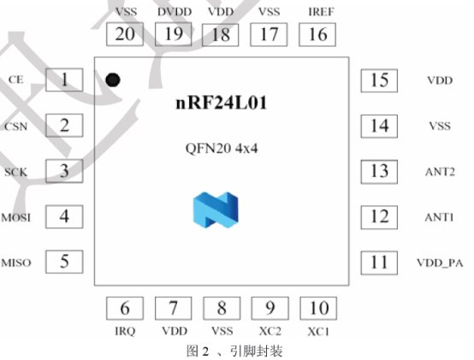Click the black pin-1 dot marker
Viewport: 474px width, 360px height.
[113, 80]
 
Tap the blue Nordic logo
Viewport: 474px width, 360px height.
[216, 210]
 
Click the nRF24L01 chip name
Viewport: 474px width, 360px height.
[222, 103]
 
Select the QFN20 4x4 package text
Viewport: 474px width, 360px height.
[222, 148]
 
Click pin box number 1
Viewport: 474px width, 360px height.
[64, 80]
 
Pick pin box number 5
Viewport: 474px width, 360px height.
[64, 262]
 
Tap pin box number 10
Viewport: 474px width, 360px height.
[318, 309]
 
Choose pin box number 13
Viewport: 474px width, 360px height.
[379, 172]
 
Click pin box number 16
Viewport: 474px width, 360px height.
[317, 35]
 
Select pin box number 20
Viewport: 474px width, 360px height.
[125, 34]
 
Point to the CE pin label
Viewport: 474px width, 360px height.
[15, 80]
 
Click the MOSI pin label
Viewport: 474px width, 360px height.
[15, 217]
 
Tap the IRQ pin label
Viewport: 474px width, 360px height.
[125, 331]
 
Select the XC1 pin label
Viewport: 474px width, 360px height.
[318, 332]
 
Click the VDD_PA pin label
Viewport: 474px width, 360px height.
[440, 263]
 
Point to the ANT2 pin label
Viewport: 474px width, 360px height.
[440, 172]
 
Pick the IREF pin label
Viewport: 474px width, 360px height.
[321, 12]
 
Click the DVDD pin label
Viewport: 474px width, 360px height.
[175, 12]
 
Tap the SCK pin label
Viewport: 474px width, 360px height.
[15, 172]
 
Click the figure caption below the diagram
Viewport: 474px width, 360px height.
[234, 351]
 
